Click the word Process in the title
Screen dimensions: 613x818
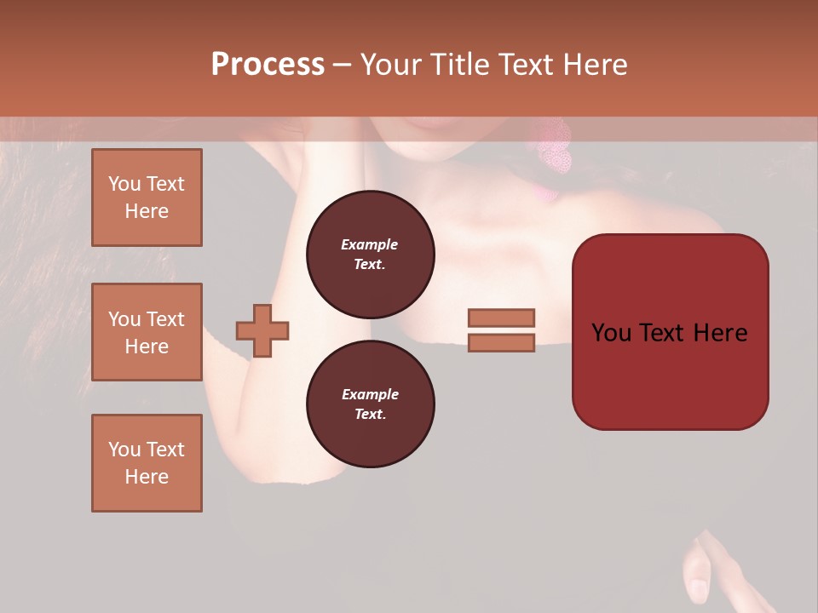tap(268, 65)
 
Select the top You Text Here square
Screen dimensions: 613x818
tap(147, 198)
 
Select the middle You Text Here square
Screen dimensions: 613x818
tap(147, 332)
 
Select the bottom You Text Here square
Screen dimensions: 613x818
tap(147, 463)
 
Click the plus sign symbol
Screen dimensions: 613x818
tap(262, 330)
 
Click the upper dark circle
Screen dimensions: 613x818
tap(371, 255)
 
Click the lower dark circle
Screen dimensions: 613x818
tap(371, 404)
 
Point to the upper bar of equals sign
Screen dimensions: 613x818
tap(502, 318)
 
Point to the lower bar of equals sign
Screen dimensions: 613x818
tap(502, 342)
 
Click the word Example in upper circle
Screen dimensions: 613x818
tap(370, 244)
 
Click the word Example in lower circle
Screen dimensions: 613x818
tap(370, 394)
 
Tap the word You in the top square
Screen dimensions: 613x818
tap(124, 184)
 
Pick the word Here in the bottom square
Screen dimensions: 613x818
tap(147, 477)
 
